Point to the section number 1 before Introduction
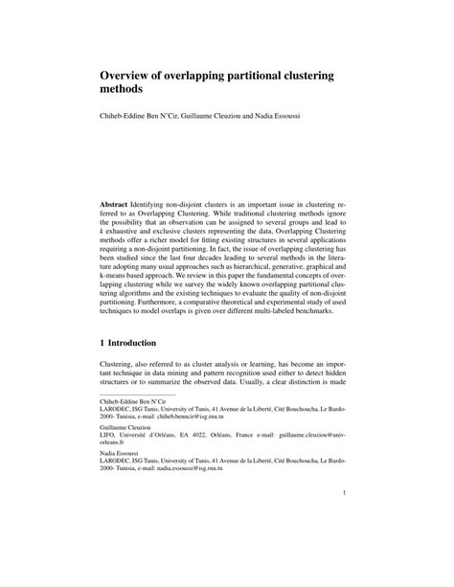tap(103, 342)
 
